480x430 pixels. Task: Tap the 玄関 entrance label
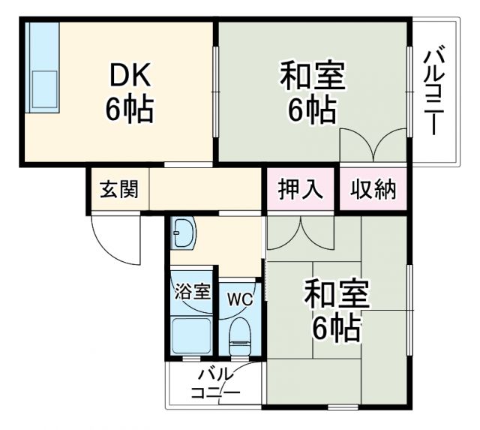(119, 190)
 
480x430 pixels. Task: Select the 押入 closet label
(300, 190)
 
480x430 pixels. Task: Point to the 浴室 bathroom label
(193, 291)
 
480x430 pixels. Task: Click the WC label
(240, 299)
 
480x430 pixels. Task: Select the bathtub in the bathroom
(192, 335)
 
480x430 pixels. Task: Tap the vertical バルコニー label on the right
(434, 92)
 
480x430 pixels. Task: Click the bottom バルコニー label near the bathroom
(214, 384)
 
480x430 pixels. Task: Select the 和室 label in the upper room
(312, 77)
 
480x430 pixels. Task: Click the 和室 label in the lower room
(336, 293)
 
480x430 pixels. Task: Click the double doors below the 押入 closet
(300, 232)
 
